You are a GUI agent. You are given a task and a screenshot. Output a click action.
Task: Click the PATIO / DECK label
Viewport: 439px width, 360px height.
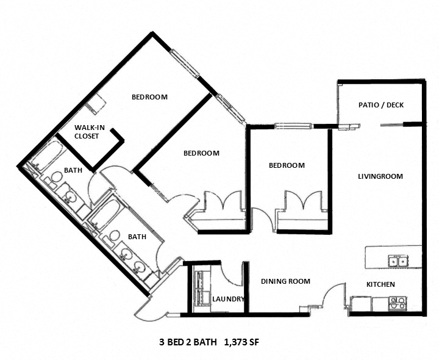click(x=380, y=105)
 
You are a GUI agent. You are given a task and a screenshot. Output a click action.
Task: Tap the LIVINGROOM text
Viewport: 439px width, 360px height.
click(x=380, y=176)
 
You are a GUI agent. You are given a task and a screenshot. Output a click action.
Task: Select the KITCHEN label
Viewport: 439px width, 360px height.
click(x=380, y=284)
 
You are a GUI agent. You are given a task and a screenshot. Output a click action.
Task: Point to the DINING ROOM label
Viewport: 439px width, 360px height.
click(x=285, y=281)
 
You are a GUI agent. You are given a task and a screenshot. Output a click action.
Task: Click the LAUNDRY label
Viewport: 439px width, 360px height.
click(x=228, y=299)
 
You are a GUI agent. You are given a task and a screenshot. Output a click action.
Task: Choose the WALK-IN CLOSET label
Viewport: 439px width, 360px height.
click(x=87, y=132)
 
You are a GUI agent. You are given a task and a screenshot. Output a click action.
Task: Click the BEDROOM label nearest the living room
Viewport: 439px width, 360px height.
click(x=287, y=165)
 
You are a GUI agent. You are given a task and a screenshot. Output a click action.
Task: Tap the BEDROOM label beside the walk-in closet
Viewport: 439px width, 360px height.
click(x=149, y=97)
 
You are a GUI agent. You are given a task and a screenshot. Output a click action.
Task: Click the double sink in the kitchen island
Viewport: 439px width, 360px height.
click(x=398, y=262)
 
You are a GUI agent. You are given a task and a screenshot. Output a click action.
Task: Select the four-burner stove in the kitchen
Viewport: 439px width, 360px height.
click(x=398, y=301)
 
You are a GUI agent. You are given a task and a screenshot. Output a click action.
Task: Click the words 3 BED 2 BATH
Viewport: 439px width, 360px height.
click(x=188, y=342)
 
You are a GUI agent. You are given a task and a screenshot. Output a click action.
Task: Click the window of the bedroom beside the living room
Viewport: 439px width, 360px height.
click(x=293, y=126)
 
